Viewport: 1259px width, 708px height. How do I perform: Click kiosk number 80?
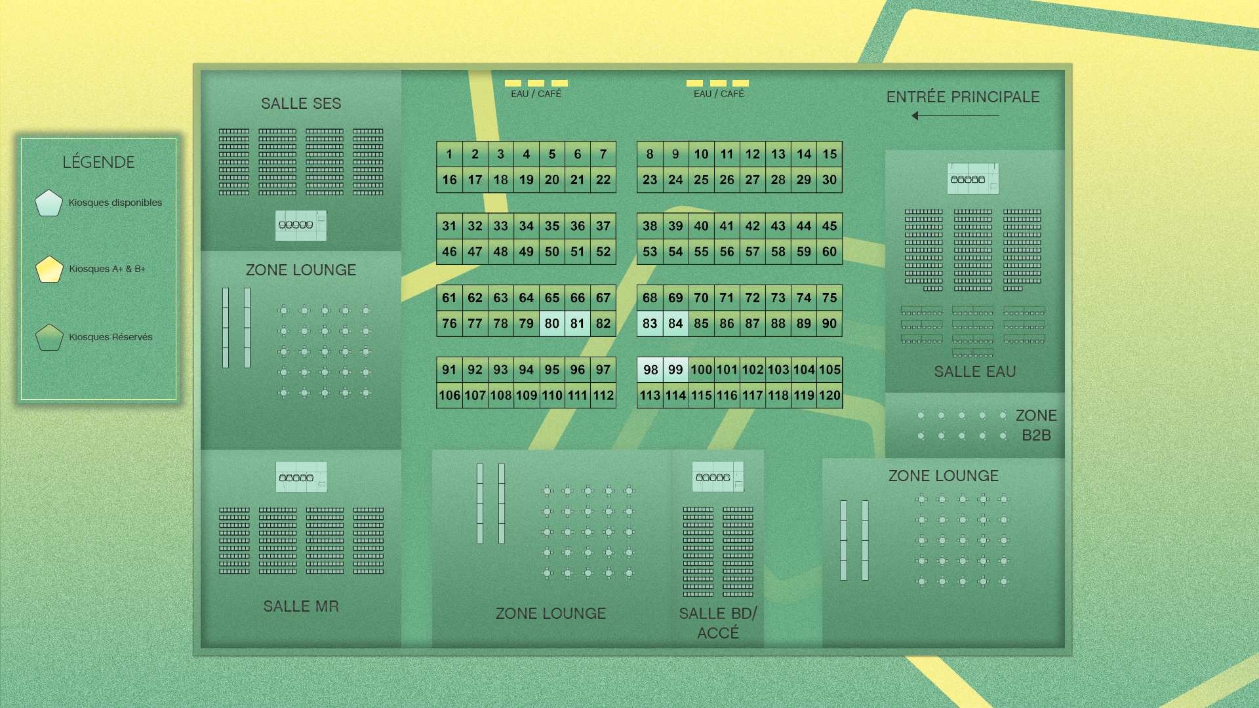point(552,323)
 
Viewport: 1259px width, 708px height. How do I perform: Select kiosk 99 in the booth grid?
point(675,370)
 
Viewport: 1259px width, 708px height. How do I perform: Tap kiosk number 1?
point(449,154)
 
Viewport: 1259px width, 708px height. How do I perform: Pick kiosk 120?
point(829,395)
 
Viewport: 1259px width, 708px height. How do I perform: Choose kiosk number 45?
point(829,226)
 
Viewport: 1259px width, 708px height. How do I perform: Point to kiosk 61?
point(449,298)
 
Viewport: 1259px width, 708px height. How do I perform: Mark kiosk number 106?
point(449,395)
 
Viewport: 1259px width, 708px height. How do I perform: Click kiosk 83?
point(650,323)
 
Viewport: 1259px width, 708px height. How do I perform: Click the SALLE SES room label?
point(301,104)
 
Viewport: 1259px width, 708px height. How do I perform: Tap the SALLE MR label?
point(301,606)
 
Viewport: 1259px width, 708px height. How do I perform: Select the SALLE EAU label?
point(974,372)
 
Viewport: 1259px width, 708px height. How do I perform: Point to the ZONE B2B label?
point(1036,425)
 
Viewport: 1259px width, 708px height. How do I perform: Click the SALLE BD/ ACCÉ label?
point(718,623)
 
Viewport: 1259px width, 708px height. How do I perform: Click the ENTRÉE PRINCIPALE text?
point(963,97)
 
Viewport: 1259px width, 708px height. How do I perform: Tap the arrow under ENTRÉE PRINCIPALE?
point(955,116)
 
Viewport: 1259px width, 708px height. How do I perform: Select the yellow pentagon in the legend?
point(49,269)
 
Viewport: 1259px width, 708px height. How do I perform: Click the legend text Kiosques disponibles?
point(115,203)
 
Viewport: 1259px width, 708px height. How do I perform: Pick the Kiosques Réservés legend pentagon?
point(49,338)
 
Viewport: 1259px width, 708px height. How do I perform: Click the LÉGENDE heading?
point(98,162)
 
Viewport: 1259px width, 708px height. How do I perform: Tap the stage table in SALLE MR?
point(301,477)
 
